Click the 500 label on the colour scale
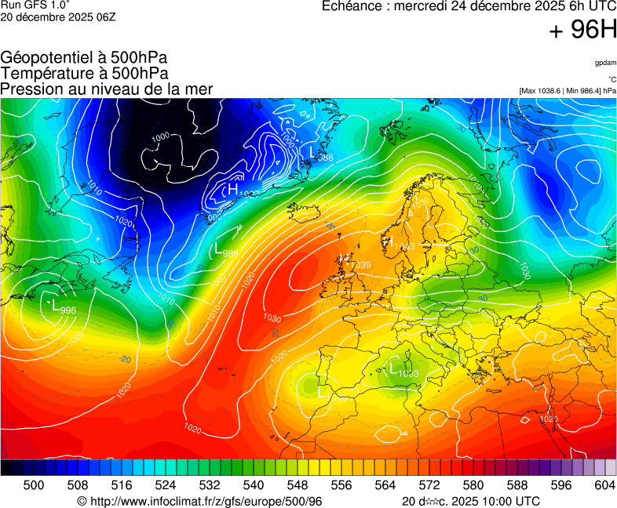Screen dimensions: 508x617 34,485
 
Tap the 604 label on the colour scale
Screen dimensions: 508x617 604,485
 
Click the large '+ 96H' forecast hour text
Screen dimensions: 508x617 582,31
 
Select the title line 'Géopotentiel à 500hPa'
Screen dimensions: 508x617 84,59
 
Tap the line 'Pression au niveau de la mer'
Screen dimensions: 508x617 107,89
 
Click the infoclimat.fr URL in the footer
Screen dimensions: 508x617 200,501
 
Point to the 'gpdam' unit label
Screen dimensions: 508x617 604,63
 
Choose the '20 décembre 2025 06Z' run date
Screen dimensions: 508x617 58,16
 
